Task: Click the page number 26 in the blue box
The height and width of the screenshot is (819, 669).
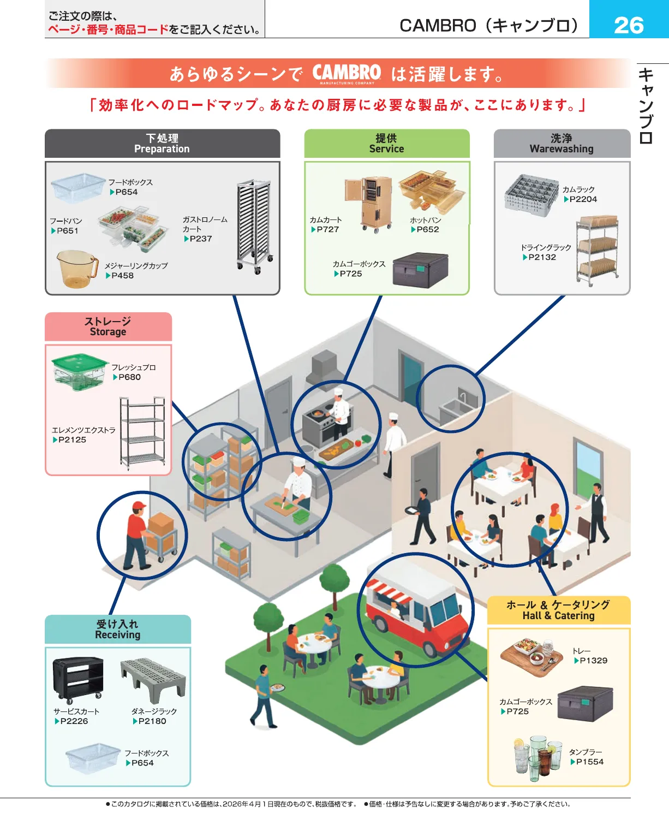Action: (x=629, y=25)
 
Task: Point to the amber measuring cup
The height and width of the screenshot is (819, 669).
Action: (x=76, y=268)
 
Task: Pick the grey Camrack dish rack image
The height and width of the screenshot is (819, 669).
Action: (x=530, y=195)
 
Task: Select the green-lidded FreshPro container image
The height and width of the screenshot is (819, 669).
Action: (x=79, y=371)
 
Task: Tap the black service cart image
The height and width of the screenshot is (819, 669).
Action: (x=78, y=679)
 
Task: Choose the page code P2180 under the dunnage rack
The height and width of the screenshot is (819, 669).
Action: (x=152, y=721)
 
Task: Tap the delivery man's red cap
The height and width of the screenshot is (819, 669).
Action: (x=140, y=506)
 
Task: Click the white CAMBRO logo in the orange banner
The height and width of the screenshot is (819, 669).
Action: (x=347, y=73)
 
